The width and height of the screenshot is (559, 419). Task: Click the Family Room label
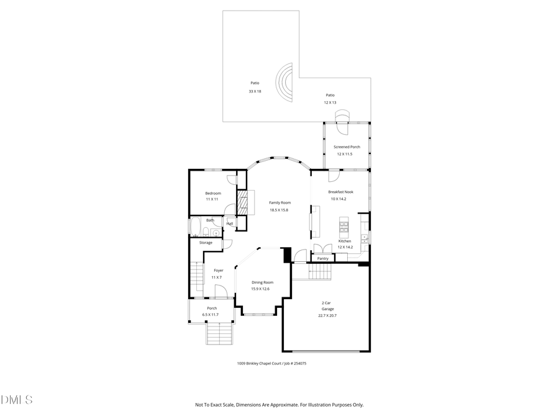[279, 202]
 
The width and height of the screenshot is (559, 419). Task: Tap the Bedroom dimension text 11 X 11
[213, 199]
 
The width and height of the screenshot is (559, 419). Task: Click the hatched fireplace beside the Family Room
[243, 202]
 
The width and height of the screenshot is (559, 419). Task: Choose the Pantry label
[322, 258]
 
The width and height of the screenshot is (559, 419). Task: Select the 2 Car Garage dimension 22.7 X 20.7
[327, 315]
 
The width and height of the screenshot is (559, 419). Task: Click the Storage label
[206, 243]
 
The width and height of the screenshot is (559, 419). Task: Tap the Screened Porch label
[347, 147]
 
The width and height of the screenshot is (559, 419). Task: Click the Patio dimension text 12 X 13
[330, 102]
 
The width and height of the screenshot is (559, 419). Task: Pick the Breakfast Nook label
[341, 192]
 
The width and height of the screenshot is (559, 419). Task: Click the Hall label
[230, 223]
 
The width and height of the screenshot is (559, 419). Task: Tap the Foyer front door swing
[220, 291]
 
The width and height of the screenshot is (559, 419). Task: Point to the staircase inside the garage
[320, 271]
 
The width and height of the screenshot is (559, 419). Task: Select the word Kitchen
[345, 241]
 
